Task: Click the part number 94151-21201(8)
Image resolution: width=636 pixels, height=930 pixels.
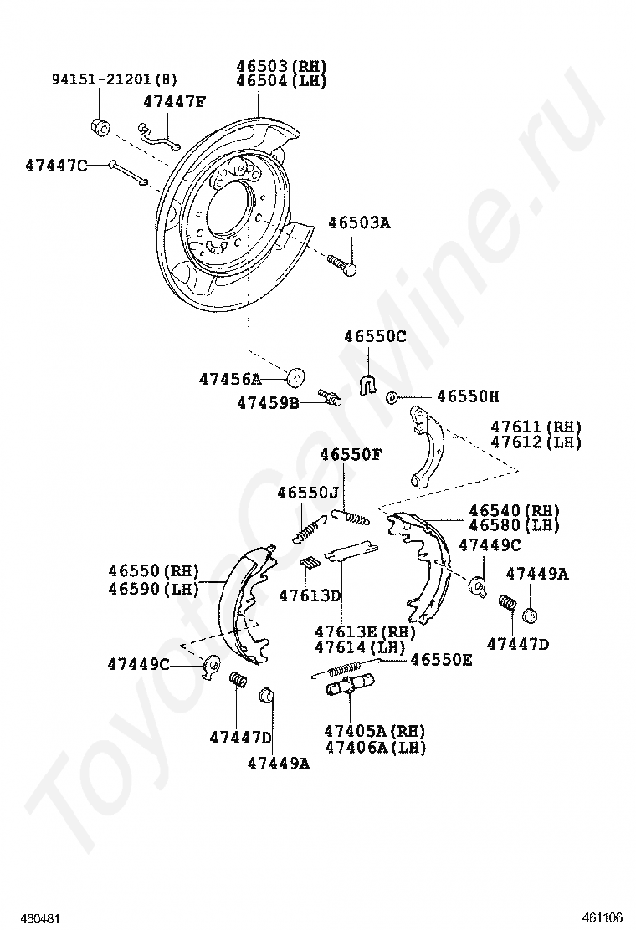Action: [115, 79]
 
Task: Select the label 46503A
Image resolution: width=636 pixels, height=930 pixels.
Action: [359, 223]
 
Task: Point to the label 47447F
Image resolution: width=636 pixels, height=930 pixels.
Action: [174, 102]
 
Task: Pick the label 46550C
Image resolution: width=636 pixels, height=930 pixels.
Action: [375, 336]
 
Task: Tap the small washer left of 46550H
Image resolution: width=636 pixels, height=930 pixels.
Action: [392, 397]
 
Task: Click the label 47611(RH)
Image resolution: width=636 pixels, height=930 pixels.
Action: [536, 427]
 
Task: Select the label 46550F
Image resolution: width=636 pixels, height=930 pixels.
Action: [351, 454]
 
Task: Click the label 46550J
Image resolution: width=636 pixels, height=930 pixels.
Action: [309, 493]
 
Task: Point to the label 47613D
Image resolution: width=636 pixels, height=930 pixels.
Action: [310, 595]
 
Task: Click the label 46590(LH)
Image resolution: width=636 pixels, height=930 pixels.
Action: [153, 588]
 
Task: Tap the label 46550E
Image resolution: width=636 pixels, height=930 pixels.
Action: [441, 660]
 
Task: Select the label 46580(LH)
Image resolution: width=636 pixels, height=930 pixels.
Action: [514, 525]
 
